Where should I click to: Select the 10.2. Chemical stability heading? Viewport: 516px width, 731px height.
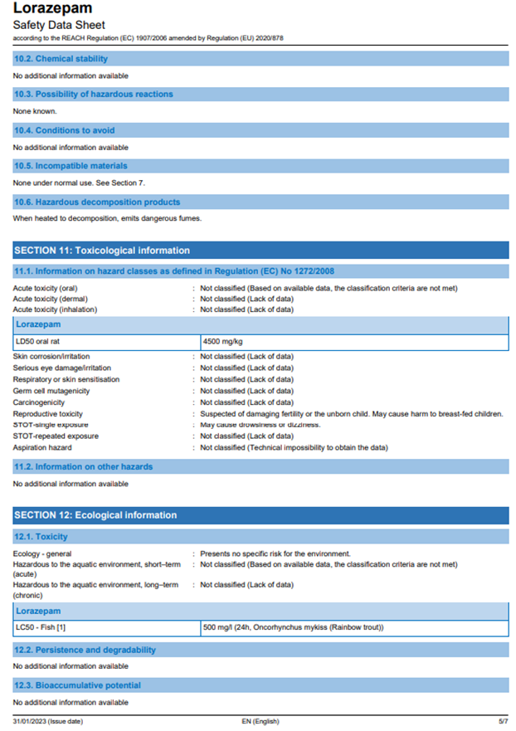click(x=61, y=59)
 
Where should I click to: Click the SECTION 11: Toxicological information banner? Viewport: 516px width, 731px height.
click(x=102, y=251)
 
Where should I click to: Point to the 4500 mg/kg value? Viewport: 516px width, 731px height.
click(x=223, y=341)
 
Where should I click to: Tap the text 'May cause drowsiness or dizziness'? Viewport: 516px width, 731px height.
click(x=260, y=425)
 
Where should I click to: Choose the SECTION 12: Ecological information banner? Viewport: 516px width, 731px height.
click(x=95, y=515)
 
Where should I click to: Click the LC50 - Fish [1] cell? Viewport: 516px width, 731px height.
click(x=41, y=626)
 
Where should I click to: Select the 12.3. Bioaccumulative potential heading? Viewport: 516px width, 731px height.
click(x=77, y=685)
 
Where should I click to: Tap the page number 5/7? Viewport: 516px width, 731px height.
click(x=502, y=721)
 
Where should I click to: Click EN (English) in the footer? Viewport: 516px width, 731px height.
click(x=255, y=721)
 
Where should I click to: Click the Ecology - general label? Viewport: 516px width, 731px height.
click(x=42, y=553)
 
